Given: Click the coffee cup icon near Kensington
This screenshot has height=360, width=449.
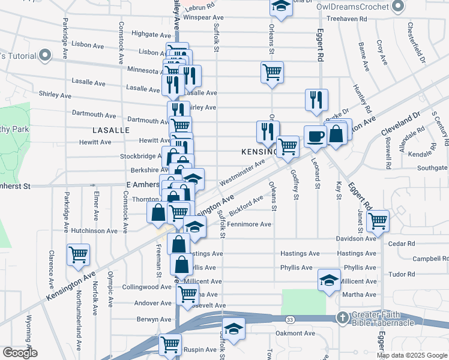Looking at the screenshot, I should click(x=315, y=136).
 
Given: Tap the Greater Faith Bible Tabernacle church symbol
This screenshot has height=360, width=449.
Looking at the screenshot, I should click(x=342, y=317).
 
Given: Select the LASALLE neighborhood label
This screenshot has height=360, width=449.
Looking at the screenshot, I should click(x=111, y=130).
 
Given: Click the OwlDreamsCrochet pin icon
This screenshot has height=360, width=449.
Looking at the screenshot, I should click(x=397, y=7).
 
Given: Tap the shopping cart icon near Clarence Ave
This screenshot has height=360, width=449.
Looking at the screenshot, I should click(x=79, y=254).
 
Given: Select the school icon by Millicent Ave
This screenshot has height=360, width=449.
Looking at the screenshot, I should click(x=329, y=280).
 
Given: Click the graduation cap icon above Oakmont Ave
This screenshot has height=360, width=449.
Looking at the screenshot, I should click(x=234, y=329).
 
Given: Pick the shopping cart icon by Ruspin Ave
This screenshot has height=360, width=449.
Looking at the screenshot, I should click(x=170, y=345).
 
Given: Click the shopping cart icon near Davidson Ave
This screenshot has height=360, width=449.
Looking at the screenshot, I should click(x=378, y=220).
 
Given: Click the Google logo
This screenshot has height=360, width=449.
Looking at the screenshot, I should click(x=20, y=352).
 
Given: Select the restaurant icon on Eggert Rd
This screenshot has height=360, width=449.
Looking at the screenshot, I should click(x=316, y=100).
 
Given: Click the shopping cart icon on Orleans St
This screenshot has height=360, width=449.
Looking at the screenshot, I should click(x=272, y=72).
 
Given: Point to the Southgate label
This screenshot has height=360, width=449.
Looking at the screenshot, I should click(x=433, y=167).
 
